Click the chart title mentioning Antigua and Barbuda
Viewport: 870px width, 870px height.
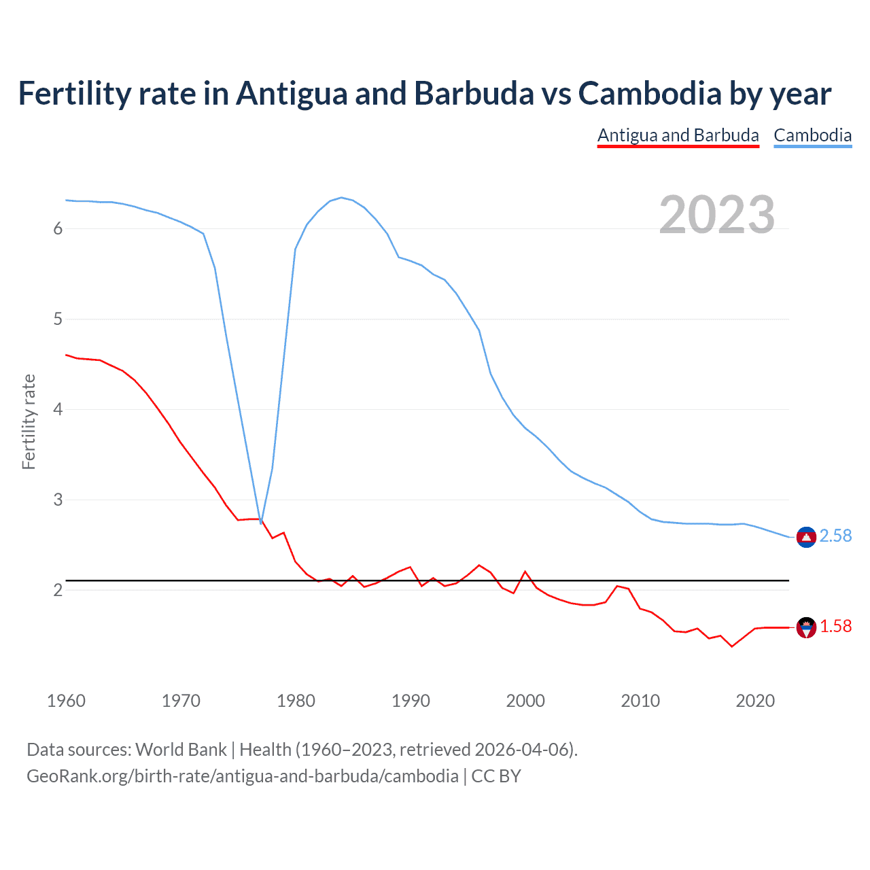click(x=424, y=94)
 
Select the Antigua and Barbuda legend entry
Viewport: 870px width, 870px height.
click(x=678, y=135)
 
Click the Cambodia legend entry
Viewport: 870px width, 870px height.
click(x=812, y=135)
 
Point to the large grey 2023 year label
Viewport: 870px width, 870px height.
click(x=716, y=215)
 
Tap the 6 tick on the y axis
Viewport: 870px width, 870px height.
click(x=58, y=229)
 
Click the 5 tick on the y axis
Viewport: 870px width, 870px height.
click(x=58, y=319)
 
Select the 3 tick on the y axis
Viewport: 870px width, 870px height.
click(x=58, y=500)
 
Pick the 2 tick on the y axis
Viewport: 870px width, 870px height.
click(x=58, y=590)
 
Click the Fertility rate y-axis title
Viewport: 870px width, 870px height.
click(x=29, y=421)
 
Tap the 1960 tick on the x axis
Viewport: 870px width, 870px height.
click(x=66, y=701)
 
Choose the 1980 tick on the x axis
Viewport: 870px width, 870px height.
click(x=296, y=701)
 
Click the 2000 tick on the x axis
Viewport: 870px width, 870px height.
click(x=525, y=701)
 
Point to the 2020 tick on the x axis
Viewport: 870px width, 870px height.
click(x=755, y=701)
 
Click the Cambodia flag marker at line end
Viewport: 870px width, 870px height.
click(x=806, y=537)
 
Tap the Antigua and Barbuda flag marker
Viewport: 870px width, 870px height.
click(x=806, y=627)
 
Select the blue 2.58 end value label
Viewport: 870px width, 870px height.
click(x=835, y=536)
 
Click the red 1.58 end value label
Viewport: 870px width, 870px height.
click(x=835, y=627)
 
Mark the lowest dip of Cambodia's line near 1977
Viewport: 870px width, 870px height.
click(x=261, y=522)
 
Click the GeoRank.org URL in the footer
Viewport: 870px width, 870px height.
click(x=243, y=776)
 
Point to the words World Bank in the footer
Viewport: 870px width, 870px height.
click(x=181, y=750)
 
